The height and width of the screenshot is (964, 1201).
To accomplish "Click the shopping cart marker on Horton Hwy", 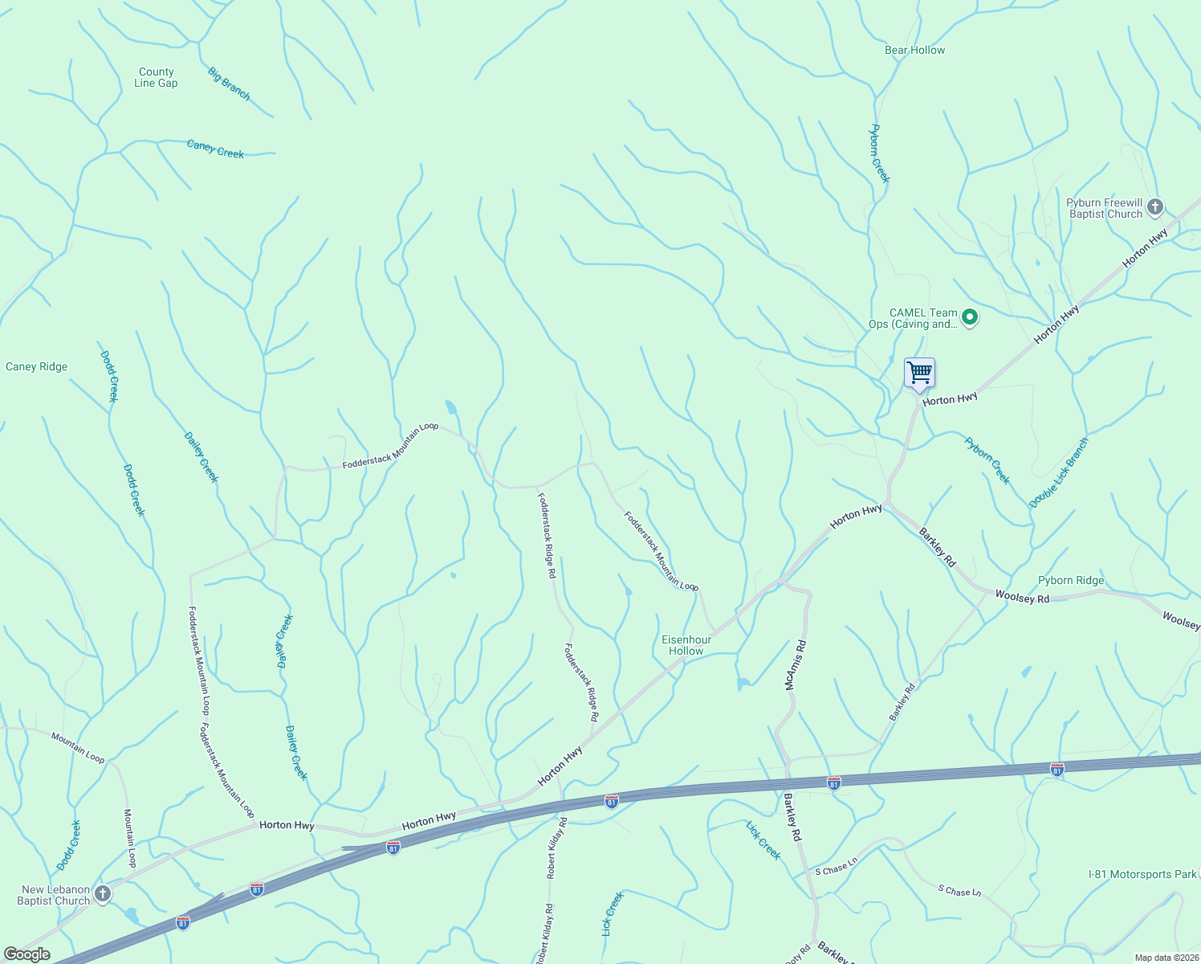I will pyautogui.click(x=919, y=374).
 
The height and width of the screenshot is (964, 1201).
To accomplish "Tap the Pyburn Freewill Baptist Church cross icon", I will pyautogui.click(x=1154, y=207).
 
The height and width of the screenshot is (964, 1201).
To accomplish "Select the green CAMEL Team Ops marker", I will pyautogui.click(x=970, y=317).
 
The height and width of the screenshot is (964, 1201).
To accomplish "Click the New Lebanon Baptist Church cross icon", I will pyautogui.click(x=102, y=893).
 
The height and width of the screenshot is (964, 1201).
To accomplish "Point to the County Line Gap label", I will pyautogui.click(x=156, y=77).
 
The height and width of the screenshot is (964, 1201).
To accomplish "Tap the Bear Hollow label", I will pyautogui.click(x=914, y=50).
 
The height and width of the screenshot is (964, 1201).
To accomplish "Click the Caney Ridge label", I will pyautogui.click(x=37, y=366).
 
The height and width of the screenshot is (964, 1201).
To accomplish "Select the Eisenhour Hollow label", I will pyautogui.click(x=686, y=645).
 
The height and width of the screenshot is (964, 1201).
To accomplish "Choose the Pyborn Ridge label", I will pyautogui.click(x=1071, y=580).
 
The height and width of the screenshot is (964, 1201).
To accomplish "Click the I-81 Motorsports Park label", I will pyautogui.click(x=1142, y=874).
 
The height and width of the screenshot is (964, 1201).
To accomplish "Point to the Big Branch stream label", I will pyautogui.click(x=229, y=84).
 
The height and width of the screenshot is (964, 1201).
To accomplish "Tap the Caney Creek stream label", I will pyautogui.click(x=215, y=149).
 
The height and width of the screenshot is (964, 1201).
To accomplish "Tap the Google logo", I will pyautogui.click(x=26, y=954).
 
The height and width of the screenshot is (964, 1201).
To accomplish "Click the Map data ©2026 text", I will pyautogui.click(x=1166, y=958).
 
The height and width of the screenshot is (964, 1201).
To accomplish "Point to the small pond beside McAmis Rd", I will pyautogui.click(x=742, y=684).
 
